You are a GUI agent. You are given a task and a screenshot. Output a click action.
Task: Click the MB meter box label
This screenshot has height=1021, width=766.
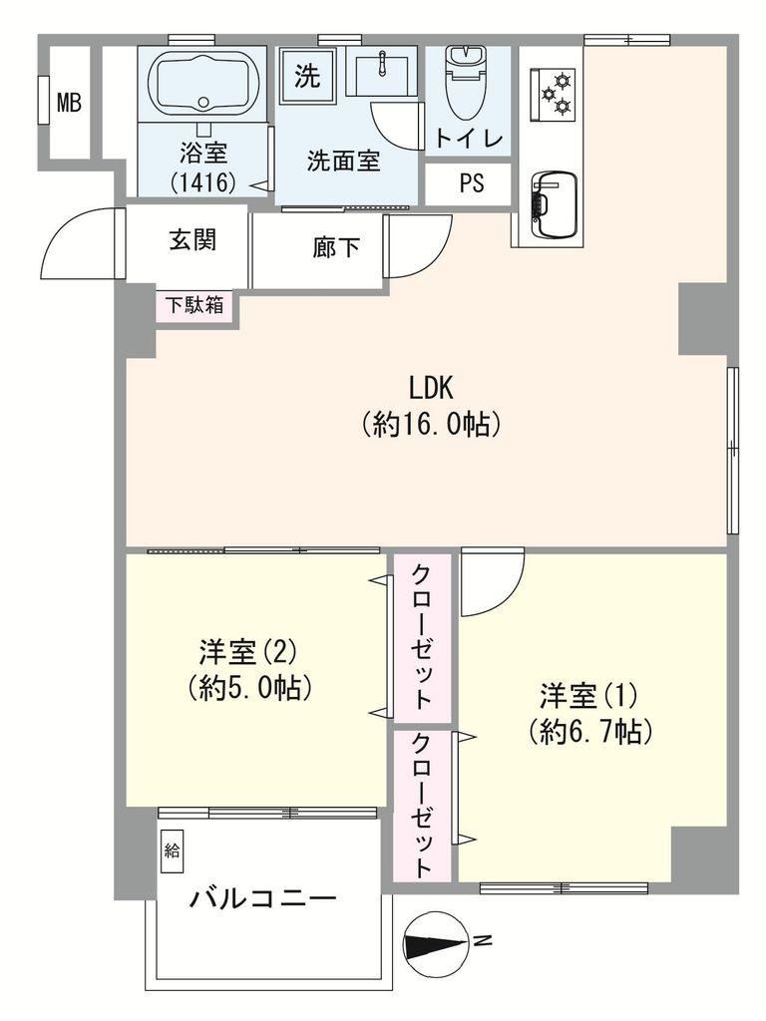point(69,103)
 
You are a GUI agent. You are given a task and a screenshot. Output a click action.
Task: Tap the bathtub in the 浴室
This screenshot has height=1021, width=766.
point(203,85)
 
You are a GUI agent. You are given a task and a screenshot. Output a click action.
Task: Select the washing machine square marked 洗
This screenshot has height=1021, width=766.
point(307,77)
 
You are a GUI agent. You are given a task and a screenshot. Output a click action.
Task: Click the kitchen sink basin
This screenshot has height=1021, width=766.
point(555,204)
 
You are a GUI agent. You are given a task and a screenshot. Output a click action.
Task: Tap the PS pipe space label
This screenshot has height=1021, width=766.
point(472,183)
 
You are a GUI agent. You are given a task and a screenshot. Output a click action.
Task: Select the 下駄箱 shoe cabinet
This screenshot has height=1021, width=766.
point(196,306)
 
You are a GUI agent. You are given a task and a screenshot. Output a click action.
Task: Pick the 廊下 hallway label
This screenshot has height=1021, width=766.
point(336,247)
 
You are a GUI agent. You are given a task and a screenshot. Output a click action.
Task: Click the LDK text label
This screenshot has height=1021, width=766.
point(431,388)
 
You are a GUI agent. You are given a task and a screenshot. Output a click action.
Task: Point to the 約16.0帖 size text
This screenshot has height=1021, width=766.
point(431,425)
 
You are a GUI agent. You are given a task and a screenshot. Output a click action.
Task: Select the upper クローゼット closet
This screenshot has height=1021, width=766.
point(422,637)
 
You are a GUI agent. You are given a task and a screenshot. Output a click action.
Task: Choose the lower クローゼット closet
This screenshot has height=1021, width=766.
point(422,806)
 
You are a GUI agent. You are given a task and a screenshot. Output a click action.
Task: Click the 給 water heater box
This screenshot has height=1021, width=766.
point(172,851)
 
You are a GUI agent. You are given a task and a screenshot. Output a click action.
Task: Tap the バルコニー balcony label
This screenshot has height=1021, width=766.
point(263,899)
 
